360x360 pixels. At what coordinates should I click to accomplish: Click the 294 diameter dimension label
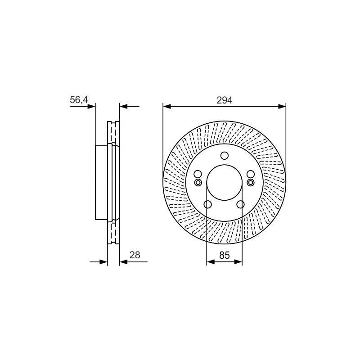coord(224,100)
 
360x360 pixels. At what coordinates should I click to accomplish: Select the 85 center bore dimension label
coord(224,255)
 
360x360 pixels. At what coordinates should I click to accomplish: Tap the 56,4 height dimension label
coord(79,100)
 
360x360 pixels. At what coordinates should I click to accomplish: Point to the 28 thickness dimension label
coord(135,255)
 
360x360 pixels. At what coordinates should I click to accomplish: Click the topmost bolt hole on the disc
coord(224,155)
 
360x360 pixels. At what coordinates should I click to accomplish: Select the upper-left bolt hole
coord(198,174)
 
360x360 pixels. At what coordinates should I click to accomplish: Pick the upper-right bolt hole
coord(251,174)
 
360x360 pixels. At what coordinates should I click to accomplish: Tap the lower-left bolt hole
coord(208,204)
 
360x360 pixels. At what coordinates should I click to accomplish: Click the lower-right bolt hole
coord(240,204)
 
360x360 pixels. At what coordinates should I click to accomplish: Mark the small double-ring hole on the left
coord(198,183)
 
